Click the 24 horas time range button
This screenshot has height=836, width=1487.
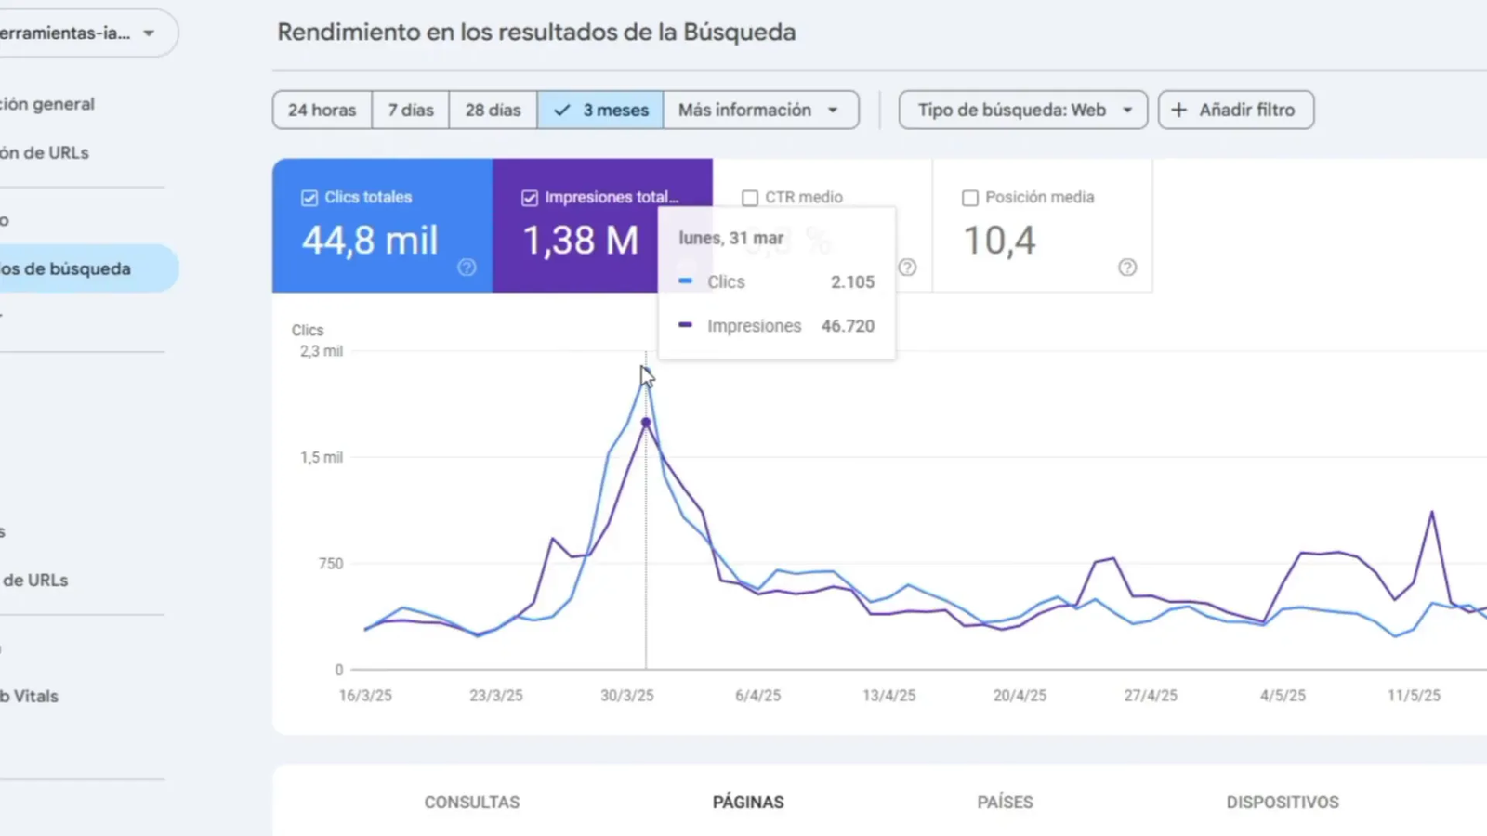click(322, 110)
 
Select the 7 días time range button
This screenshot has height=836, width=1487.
click(411, 110)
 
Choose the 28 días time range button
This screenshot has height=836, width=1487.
click(493, 110)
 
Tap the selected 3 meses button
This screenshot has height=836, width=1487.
click(600, 110)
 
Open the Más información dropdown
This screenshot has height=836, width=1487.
click(759, 110)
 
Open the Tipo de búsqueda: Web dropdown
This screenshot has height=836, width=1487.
click(1023, 110)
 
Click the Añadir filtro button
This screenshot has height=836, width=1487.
click(1235, 110)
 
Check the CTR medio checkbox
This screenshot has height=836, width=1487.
click(750, 198)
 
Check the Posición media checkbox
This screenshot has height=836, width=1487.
click(970, 198)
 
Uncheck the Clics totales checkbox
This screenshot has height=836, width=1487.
click(309, 198)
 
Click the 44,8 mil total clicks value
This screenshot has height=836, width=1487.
click(370, 241)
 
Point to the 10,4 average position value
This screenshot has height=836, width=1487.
click(999, 241)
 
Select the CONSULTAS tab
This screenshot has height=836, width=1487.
click(472, 802)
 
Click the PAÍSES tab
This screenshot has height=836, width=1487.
click(1005, 802)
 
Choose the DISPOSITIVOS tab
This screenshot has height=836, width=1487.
click(1282, 802)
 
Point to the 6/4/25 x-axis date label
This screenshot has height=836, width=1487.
click(757, 695)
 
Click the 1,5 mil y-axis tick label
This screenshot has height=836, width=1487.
click(322, 457)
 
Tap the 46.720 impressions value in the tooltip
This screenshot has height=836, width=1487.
click(848, 326)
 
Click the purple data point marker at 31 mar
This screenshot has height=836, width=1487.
click(646, 423)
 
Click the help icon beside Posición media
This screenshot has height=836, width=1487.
click(1127, 268)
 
